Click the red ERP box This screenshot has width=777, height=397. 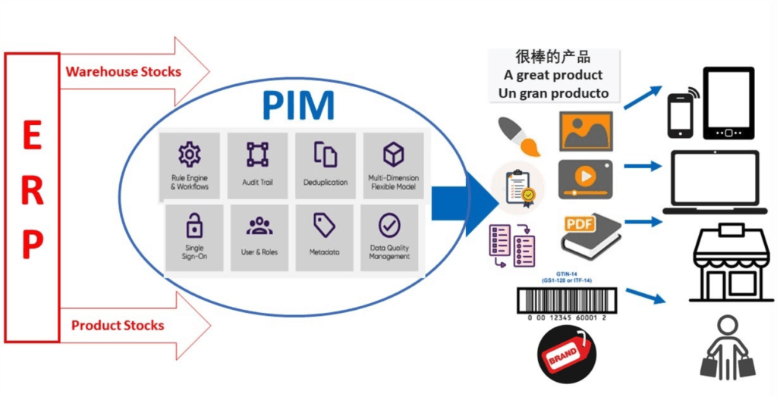32,197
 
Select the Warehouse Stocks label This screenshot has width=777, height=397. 123,72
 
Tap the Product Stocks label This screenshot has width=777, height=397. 118,326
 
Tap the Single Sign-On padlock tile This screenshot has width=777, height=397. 194,237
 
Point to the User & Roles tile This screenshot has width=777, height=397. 260,237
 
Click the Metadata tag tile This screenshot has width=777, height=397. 324,237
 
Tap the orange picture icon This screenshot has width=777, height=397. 585,131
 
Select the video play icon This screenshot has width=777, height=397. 585,179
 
